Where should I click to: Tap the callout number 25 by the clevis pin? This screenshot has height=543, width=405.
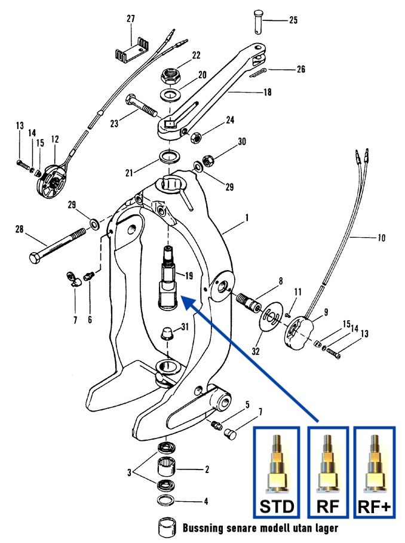click(293, 20)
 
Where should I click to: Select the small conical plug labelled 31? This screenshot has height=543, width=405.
click(168, 332)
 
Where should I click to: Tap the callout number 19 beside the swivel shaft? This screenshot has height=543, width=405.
click(189, 275)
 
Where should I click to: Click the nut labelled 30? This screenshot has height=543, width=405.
click(208, 160)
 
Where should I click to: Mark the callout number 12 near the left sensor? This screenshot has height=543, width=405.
click(55, 139)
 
